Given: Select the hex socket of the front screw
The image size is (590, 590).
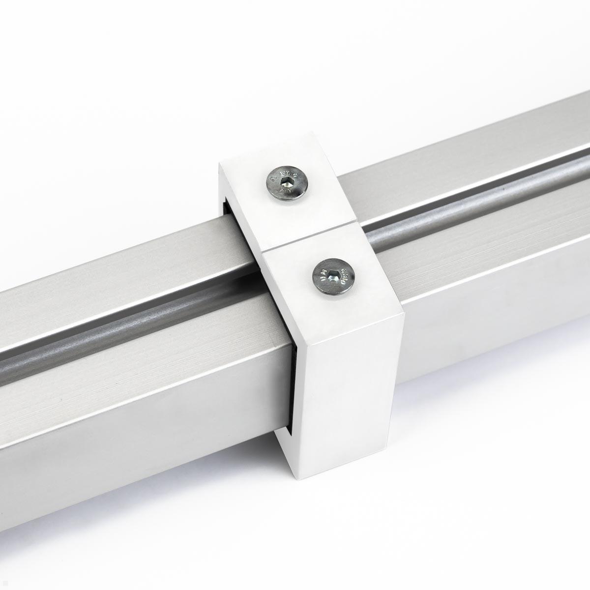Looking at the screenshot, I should (x=334, y=277).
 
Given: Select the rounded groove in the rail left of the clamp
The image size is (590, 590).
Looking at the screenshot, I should (x=123, y=315).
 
